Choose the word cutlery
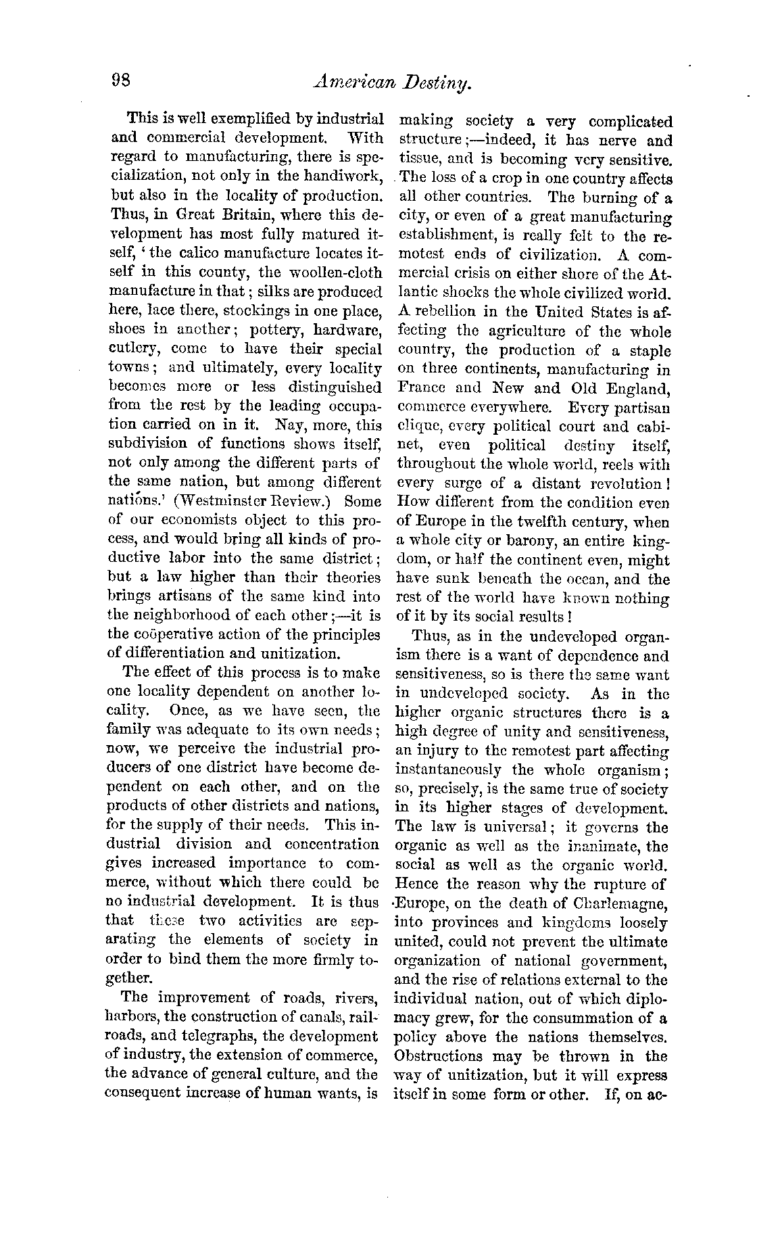pyautogui.click(x=133, y=349)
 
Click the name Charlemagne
pyautogui.click(x=612, y=903)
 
